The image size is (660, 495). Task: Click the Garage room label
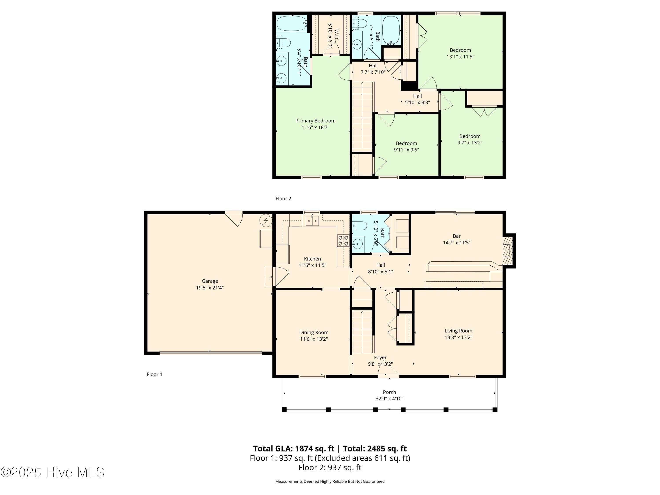coord(210,281)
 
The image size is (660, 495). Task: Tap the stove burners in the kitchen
coord(343,241)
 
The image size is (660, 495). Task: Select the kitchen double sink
coord(312,221)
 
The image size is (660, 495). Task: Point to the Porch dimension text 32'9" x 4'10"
coord(389,399)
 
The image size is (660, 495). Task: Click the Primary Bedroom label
coord(315,121)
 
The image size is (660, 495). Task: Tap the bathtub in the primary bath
coord(292,23)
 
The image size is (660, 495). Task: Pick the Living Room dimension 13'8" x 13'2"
coord(458,337)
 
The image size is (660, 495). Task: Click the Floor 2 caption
coord(283,199)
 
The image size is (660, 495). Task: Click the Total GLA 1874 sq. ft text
coord(294,448)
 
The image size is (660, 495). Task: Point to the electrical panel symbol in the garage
coord(266,221)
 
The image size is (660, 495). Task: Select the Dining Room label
coord(314,332)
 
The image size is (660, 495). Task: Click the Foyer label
coord(380,357)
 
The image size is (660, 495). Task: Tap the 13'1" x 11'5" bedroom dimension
coord(460,57)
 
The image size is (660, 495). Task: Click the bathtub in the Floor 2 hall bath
coord(391,30)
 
